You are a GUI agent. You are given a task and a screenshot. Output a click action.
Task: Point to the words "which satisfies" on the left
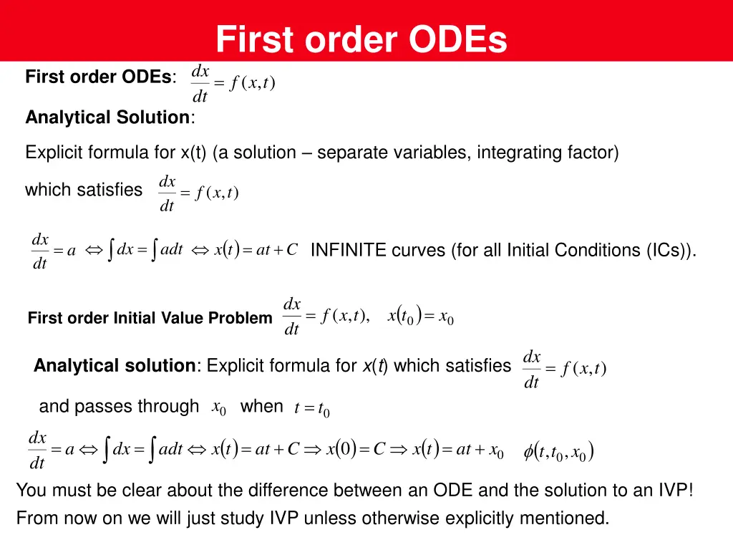click(x=84, y=190)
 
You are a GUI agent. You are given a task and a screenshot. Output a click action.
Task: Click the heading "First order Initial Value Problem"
click(x=150, y=318)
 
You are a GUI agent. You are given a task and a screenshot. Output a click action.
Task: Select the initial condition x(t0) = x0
click(x=420, y=316)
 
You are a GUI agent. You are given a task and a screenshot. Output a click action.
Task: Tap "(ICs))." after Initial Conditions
click(x=671, y=250)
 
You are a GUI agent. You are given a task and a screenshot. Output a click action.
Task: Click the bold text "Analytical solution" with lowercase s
click(x=115, y=366)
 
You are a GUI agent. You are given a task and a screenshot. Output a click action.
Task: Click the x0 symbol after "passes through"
click(x=219, y=407)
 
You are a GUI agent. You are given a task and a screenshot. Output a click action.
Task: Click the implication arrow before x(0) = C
click(x=313, y=450)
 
